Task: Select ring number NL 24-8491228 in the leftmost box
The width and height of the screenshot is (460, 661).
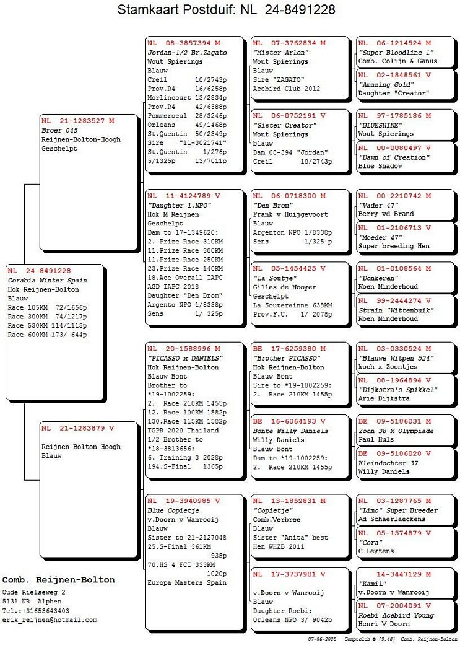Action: click(x=39, y=271)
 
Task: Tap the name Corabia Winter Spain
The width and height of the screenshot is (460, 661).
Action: click(x=47, y=281)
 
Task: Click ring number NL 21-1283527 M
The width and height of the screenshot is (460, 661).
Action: click(x=78, y=121)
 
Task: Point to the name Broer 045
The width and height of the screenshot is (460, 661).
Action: click(x=59, y=130)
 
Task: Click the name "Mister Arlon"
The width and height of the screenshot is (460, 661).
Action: click(x=280, y=52)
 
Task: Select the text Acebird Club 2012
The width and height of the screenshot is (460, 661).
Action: click(x=287, y=89)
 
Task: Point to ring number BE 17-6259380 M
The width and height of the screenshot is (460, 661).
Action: click(x=289, y=349)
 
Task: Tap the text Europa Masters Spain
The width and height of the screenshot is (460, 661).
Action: click(x=187, y=582)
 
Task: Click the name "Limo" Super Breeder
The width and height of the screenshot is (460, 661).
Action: click(x=398, y=510)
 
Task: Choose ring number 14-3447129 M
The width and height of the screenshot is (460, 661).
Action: click(x=404, y=574)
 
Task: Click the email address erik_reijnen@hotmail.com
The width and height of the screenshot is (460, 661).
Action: click(x=50, y=619)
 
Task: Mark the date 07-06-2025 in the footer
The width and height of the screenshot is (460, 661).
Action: click(x=322, y=639)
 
